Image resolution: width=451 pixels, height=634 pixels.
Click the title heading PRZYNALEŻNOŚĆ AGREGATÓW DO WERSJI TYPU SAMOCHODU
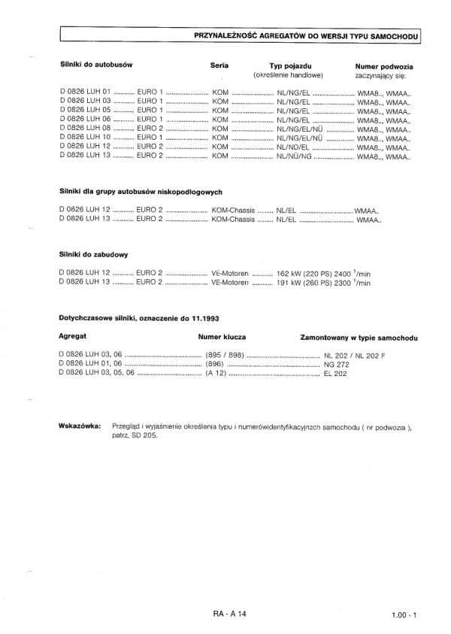coord(305,35)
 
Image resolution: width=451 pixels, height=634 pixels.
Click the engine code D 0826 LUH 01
coord(85,91)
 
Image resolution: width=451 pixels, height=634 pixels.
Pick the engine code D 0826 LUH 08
coord(85,128)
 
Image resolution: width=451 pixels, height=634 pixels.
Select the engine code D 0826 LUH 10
coord(85,137)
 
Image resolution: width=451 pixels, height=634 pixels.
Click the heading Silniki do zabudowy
coord(91,254)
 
